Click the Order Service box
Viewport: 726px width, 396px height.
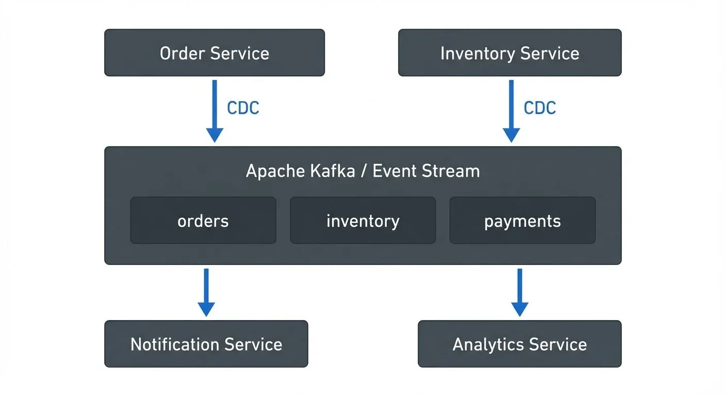point(214,53)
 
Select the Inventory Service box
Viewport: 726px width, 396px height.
point(509,53)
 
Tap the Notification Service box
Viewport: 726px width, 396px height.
point(206,344)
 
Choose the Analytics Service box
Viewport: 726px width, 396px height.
point(519,344)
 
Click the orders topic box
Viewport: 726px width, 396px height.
point(203,221)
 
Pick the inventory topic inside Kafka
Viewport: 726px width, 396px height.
point(362,221)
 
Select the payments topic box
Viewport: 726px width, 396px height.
point(522,221)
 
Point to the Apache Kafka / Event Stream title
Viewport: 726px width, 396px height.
point(362,171)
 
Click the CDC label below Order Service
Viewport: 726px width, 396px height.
point(243,108)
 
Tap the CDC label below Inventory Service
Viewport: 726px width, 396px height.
point(540,108)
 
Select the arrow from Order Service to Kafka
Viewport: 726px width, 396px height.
point(214,110)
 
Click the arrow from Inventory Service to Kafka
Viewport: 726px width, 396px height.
point(511,110)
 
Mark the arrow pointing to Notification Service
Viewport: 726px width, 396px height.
point(206,292)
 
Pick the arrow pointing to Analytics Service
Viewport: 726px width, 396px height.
point(519,292)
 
